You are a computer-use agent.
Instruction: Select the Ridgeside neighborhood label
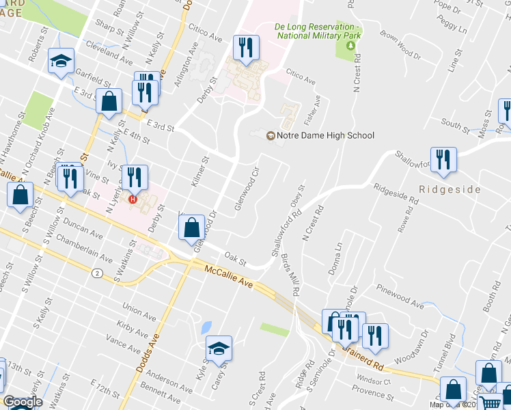tap(450, 189)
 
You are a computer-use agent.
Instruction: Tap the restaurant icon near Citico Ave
tap(245, 48)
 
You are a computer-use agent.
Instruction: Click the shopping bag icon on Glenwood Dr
tap(193, 228)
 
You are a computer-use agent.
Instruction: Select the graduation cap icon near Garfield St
tap(61, 61)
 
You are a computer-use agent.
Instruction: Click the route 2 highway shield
tap(98, 273)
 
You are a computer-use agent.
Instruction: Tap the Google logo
tap(23, 402)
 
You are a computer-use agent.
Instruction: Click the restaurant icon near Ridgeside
tap(443, 161)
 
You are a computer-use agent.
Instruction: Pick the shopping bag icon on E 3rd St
tap(109, 101)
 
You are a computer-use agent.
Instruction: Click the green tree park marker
tap(350, 46)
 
